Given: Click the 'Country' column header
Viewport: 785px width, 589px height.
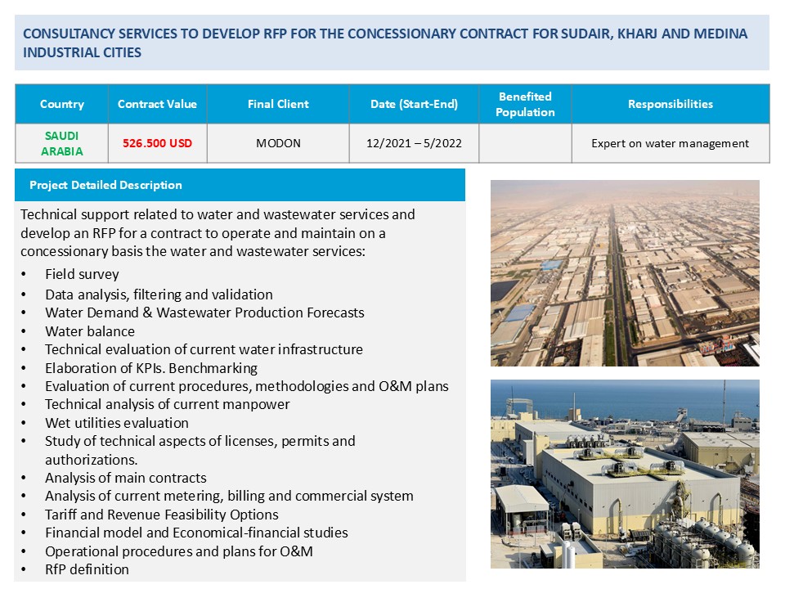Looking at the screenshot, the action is [62, 104].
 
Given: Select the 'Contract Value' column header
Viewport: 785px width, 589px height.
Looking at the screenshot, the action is [157, 104].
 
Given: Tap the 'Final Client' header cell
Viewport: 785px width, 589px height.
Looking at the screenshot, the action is [278, 104].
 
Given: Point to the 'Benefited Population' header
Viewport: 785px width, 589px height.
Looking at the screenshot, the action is [525, 104].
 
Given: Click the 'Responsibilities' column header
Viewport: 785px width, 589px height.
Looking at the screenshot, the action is [671, 104].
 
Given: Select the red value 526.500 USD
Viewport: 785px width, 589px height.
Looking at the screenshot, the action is [157, 143].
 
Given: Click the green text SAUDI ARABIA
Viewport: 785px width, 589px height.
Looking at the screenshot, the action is [62, 143].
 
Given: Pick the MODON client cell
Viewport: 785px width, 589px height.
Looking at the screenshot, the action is [278, 143].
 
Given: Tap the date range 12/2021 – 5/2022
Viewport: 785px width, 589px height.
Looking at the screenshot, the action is [414, 143].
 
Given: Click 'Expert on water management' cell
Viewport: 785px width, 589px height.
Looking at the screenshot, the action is [671, 143].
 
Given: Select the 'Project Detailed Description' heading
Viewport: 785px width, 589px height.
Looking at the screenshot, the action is [105, 185].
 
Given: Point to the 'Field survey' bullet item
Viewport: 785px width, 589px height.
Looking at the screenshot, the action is [82, 275].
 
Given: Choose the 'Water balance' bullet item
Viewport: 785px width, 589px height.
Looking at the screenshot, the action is [90, 331].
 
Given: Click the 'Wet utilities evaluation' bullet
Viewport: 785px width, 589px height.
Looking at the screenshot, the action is [117, 423].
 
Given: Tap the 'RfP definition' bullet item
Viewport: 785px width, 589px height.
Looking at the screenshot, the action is [87, 569].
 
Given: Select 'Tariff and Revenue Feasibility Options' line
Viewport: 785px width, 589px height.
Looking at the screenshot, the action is [162, 515].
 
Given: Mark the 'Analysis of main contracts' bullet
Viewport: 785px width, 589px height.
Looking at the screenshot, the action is [126, 479].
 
